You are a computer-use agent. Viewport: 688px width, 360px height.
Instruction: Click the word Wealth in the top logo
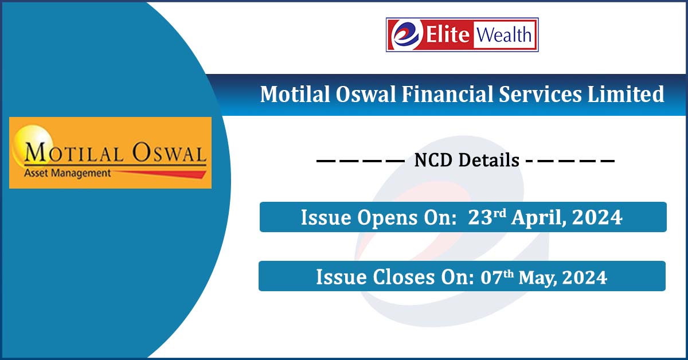pos(502,36)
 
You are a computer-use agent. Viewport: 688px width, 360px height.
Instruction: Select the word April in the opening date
pos(530,218)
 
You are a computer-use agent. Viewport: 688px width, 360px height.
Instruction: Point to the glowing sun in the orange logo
pos(26,140)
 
